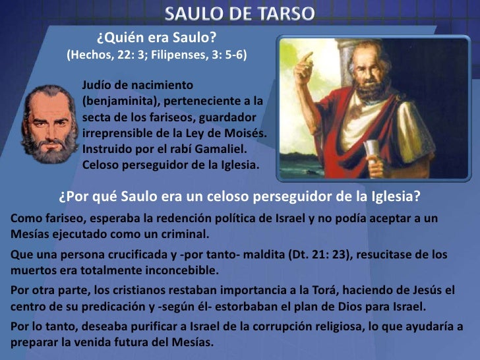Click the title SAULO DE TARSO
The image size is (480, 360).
(x=240, y=13)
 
